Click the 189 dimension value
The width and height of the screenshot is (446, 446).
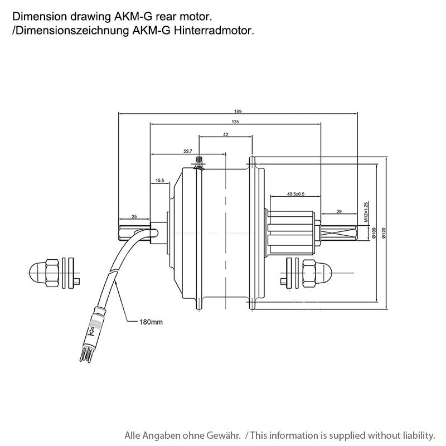click(x=238, y=111)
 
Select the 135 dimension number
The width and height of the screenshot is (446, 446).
click(x=235, y=122)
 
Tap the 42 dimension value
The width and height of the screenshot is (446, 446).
click(x=225, y=134)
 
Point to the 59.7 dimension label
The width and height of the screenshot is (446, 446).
click(x=187, y=151)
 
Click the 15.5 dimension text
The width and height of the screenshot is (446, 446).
click(x=160, y=180)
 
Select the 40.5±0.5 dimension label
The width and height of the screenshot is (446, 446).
click(x=295, y=194)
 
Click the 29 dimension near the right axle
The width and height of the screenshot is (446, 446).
click(x=340, y=211)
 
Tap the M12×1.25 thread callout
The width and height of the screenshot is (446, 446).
click(x=367, y=212)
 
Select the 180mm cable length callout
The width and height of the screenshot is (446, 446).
click(x=151, y=322)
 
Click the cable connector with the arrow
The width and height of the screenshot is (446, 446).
click(x=92, y=334)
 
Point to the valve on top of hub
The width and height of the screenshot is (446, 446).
click(x=198, y=162)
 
